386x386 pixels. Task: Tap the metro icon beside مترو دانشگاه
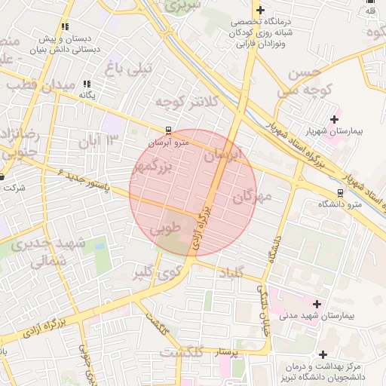click(x=341, y=192)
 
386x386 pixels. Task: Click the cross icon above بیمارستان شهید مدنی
click(x=316, y=304)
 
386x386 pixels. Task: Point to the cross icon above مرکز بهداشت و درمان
click(x=323, y=354)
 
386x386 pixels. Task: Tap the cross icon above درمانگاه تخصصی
click(x=260, y=11)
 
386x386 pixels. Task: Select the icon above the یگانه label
click(x=87, y=84)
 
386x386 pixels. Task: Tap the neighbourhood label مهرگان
click(x=252, y=198)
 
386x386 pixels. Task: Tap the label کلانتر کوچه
click(x=186, y=100)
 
